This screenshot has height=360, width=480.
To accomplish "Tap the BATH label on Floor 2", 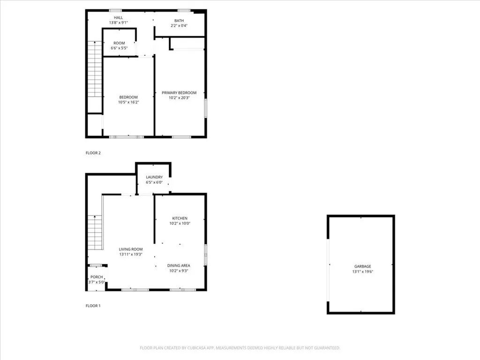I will coord(179,21).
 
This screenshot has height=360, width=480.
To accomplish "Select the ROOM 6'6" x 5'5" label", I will coord(119,43).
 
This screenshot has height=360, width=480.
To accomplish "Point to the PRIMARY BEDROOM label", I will coord(179,93).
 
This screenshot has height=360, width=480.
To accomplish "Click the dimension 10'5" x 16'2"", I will coord(128,102).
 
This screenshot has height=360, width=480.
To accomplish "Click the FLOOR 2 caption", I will coord(93,153).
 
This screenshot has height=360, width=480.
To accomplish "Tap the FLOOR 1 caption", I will coord(93,306).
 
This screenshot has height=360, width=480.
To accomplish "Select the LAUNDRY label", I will coord(154,177).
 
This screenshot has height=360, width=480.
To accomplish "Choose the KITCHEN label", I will coord(180,218).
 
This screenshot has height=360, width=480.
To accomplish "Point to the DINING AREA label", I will coord(179,266).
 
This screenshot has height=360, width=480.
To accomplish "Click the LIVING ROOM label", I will coord(130,249).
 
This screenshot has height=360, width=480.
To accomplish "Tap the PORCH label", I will coord(97,277).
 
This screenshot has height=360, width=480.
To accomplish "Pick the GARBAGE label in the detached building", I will coord(360,266).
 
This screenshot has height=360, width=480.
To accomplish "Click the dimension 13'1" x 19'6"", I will coord(360,272).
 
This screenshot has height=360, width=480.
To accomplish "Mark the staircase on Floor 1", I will coord(95,232).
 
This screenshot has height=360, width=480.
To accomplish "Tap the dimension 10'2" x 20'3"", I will coord(179,98).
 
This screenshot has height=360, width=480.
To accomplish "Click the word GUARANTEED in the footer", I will coord(325,348).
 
